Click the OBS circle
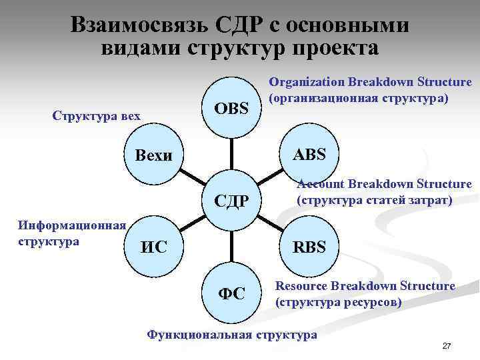tap(231, 108)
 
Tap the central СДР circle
tap(231, 199)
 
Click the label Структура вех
tap(96, 117)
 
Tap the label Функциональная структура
tap(232, 334)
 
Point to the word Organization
tap(307, 82)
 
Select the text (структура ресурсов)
tap(339, 301)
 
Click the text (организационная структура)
tap(359, 98)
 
